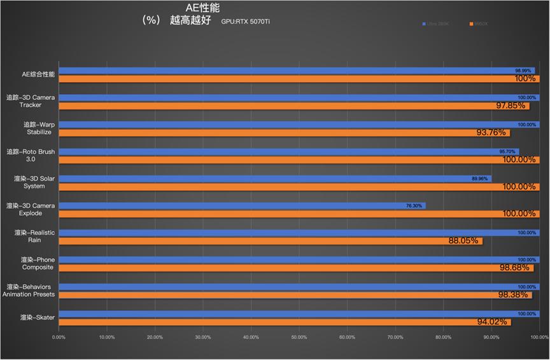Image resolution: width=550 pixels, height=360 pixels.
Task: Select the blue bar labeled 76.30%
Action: pyautogui.click(x=242, y=206)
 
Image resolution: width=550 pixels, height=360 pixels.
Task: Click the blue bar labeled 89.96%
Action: pyautogui.click(x=274, y=179)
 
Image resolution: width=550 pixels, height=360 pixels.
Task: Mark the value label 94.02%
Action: pyautogui.click(x=492, y=322)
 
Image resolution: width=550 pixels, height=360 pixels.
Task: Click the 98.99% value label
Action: pyautogui.click(x=523, y=71)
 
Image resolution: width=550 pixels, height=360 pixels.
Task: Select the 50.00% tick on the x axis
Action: pyautogui.click(x=299, y=337)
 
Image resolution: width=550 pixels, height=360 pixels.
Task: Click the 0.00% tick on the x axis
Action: pyautogui.click(x=59, y=337)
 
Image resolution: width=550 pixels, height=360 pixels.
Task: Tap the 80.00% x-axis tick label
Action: pyautogui.click(x=443, y=337)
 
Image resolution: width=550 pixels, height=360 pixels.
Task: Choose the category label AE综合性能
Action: pyautogui.click(x=39, y=74)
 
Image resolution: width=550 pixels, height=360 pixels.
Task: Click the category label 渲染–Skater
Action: pyautogui.click(x=36, y=317)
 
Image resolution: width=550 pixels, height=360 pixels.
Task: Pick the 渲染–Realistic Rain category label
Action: pyautogui.click(x=35, y=237)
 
